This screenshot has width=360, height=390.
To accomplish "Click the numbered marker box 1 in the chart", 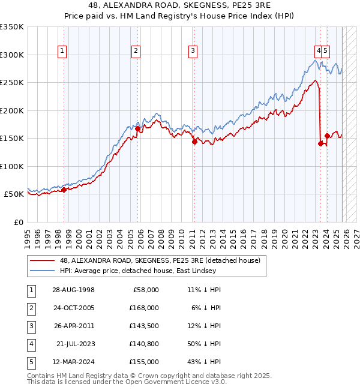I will tap(63, 51).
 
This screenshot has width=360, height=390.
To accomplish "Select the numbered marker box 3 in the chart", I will tap(193, 51).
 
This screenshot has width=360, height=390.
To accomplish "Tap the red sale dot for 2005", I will tap(137, 128).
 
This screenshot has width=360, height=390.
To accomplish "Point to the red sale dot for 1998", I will tap(64, 190).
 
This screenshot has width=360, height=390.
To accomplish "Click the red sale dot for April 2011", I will tap(194, 142).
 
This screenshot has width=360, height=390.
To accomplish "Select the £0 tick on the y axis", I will tap(18, 222).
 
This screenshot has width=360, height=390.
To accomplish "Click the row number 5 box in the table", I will tap(31, 362).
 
